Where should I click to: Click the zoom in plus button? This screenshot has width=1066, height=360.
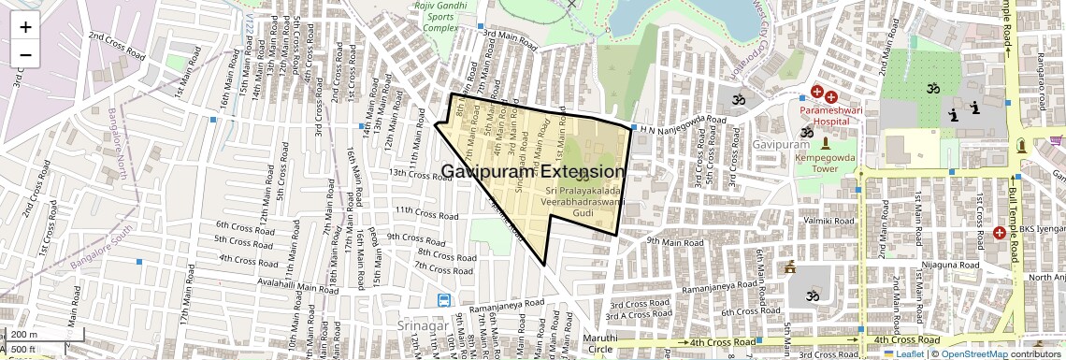25,26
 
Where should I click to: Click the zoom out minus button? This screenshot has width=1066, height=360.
25,55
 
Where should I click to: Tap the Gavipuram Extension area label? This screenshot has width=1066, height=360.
532,172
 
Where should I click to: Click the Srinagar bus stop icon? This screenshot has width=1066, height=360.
443,301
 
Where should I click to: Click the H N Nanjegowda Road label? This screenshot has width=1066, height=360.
684,122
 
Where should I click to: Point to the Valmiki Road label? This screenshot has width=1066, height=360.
828,221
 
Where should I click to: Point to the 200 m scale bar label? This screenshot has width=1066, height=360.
24,335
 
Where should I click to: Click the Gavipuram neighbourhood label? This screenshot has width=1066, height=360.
781,145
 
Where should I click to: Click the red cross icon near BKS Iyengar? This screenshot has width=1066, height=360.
999,232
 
